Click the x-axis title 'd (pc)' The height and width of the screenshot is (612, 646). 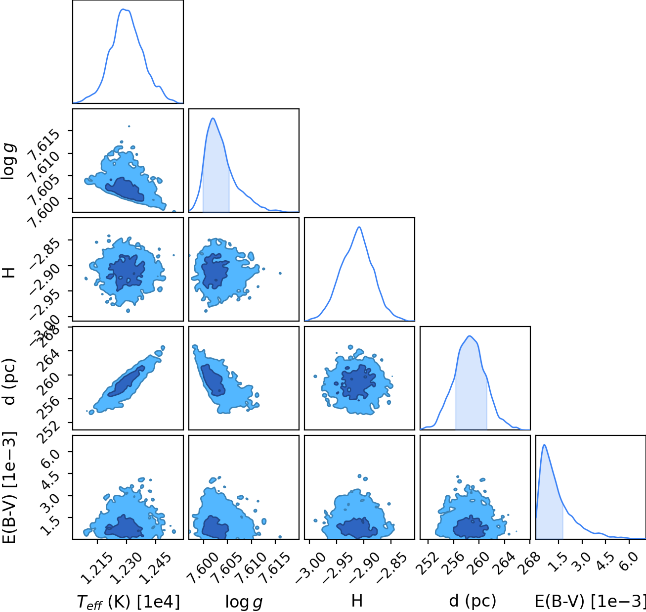click(x=473, y=601)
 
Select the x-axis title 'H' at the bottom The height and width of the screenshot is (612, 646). click(x=357, y=601)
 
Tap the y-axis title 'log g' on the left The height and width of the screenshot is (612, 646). click(x=8, y=162)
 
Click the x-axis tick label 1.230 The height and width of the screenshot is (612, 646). click(x=126, y=568)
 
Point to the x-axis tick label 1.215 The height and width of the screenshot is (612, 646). click(x=96, y=568)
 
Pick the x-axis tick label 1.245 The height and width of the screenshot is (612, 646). click(x=155, y=568)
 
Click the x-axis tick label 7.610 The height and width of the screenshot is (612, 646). click(x=251, y=568)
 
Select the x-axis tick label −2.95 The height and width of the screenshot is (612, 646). click(x=335, y=568)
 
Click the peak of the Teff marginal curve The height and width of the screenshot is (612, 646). click(x=124, y=9)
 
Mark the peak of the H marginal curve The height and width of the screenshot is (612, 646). click(x=359, y=227)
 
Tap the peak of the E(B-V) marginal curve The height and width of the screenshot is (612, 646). click(x=545, y=445)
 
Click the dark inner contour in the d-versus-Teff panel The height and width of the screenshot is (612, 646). click(x=127, y=381)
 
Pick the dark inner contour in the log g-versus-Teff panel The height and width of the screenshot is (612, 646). click(x=125, y=189)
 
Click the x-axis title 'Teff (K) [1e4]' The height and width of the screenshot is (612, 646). click(x=129, y=602)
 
